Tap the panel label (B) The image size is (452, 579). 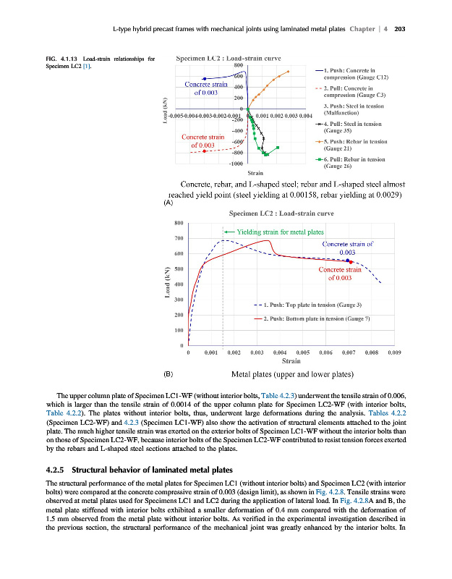[x=169, y=375]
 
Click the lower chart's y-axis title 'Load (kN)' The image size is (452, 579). [x=166, y=283]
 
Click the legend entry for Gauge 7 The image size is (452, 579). [x=307, y=318]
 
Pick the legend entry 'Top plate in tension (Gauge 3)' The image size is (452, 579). [x=307, y=304]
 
